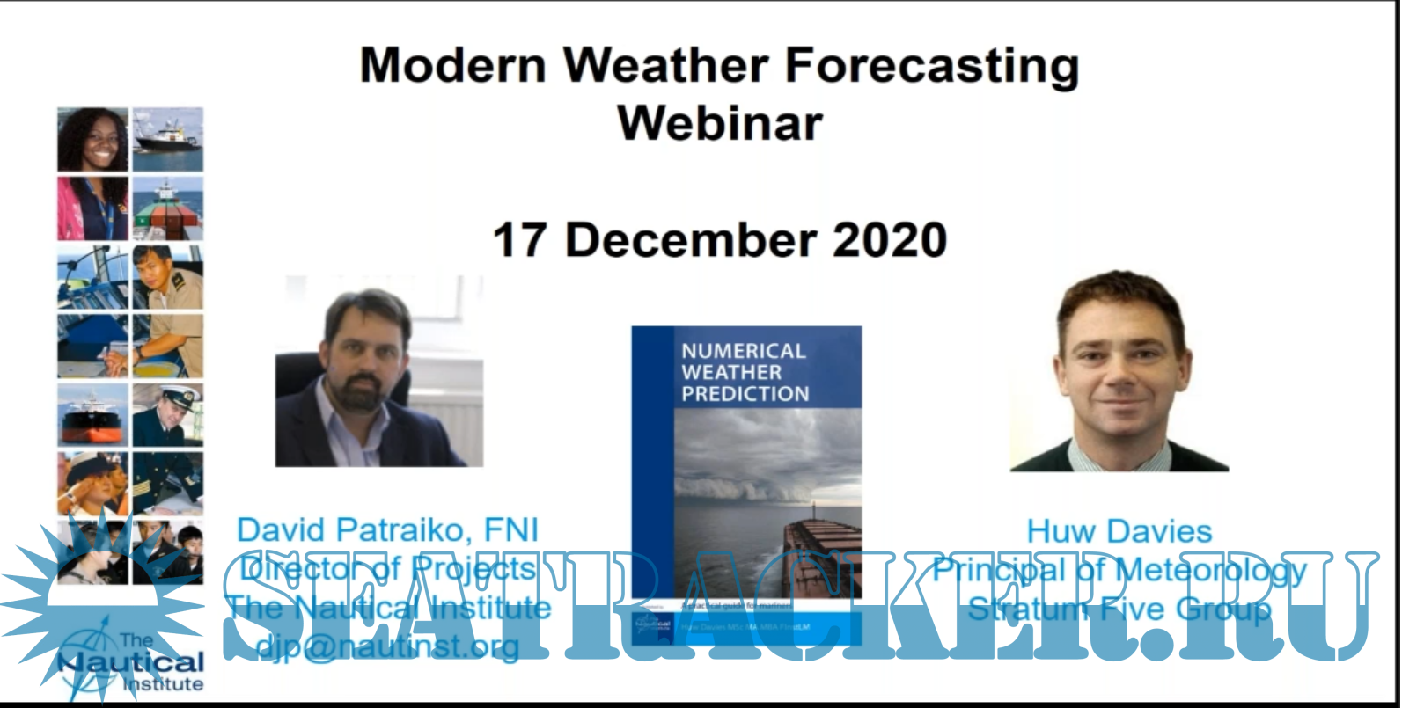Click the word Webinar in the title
pyautogui.click(x=720, y=122)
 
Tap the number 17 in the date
pyautogui.click(x=522, y=240)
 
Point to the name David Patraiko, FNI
pyautogui.click(x=387, y=529)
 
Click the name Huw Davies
pyautogui.click(x=1119, y=531)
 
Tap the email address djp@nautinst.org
pyautogui.click(x=387, y=646)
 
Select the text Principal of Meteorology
pyautogui.click(x=1119, y=570)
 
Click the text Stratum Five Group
pyautogui.click(x=1119, y=609)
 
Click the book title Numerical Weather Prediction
pyautogui.click(x=744, y=372)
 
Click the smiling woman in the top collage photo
pyautogui.click(x=93, y=139)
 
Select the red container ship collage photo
pyautogui.click(x=167, y=208)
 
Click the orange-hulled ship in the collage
pyautogui.click(x=93, y=414)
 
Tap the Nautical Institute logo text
pyautogui.click(x=132, y=664)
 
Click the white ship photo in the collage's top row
pyautogui.click(x=167, y=139)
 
